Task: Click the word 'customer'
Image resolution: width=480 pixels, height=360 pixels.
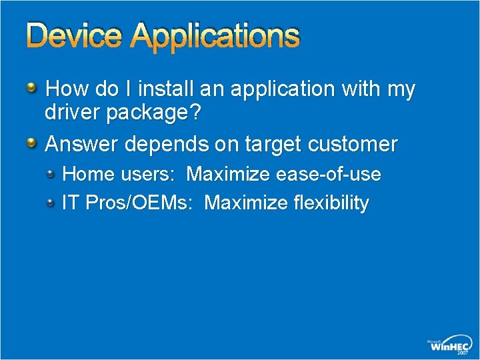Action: (x=355, y=144)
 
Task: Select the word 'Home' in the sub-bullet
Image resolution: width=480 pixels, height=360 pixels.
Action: (x=87, y=175)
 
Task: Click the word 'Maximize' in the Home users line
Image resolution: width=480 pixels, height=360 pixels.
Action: (x=229, y=175)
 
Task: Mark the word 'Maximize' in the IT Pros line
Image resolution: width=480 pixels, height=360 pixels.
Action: (x=246, y=203)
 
